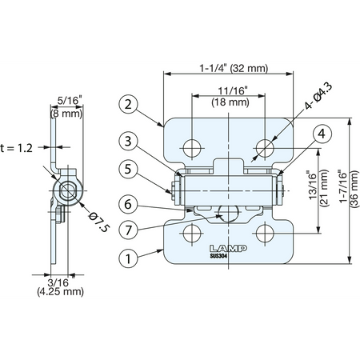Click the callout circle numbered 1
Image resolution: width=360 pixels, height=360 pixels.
coord(128,258)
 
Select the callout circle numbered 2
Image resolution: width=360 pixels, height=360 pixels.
coord(128,104)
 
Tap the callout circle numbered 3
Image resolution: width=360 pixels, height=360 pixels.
coord(128,142)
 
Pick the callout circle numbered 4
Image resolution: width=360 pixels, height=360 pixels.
coord(322,134)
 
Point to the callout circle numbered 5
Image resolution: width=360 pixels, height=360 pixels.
coord(128,169)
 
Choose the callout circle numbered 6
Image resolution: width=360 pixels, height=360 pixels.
coord(128,204)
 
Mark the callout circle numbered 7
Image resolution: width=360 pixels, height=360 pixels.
coord(128,230)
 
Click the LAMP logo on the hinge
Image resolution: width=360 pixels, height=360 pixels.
coord(228,249)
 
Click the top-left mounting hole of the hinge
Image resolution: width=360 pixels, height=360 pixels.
coord(192,148)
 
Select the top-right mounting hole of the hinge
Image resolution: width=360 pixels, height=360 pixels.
coord(265,148)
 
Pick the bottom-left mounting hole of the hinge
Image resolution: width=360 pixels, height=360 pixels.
coord(192,234)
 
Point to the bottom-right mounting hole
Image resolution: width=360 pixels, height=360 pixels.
coord(265,234)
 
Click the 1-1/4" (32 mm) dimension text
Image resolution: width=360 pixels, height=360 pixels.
coord(234,69)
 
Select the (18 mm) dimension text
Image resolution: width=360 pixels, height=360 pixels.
coord(230,102)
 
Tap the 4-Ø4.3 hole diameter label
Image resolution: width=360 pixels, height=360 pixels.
coord(319,96)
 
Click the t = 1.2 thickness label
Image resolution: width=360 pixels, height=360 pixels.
coord(17,148)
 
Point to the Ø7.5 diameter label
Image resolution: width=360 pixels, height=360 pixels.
coord(99,222)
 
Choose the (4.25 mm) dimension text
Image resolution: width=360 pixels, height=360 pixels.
coord(61,291)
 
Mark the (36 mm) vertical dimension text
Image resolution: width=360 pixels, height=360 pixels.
coord(354,189)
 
